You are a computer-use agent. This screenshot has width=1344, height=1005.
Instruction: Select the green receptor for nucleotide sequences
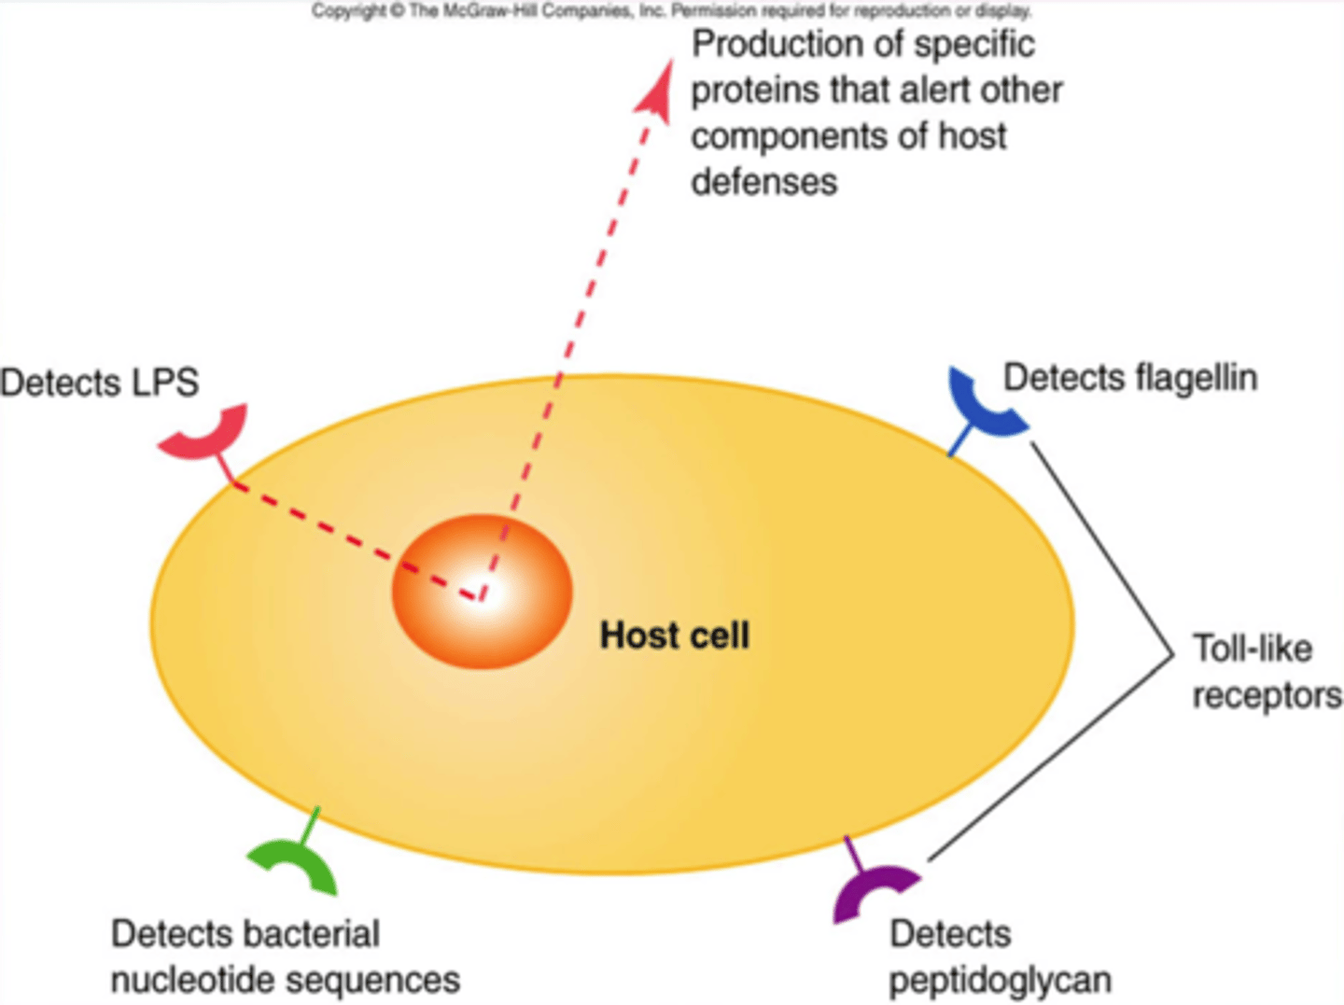click(x=297, y=864)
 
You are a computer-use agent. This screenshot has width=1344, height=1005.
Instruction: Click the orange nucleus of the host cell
click(x=481, y=592)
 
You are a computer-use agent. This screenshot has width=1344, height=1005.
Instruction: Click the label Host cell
click(x=674, y=635)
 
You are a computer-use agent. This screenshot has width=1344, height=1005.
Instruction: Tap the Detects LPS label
click(x=99, y=383)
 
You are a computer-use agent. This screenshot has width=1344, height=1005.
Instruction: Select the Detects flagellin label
click(x=1129, y=378)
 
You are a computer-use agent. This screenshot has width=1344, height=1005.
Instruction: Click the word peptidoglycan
click(x=1000, y=980)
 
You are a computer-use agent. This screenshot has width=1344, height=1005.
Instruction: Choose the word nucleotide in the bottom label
click(x=192, y=980)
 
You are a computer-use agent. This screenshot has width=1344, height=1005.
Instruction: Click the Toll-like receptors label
click(x=1265, y=672)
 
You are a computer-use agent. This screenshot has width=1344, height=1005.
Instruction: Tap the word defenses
click(x=763, y=181)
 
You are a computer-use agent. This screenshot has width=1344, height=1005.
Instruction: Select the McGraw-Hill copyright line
click(x=671, y=11)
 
